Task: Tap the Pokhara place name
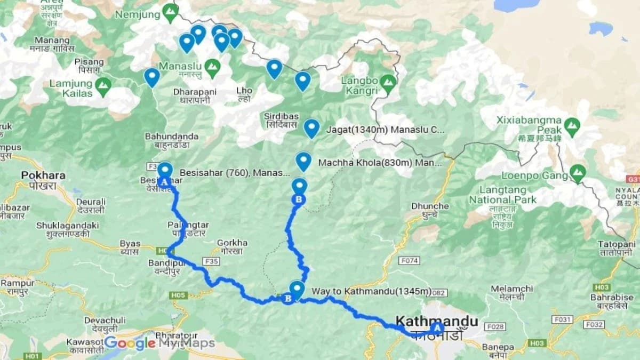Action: pos(43,175)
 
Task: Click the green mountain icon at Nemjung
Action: pos(170,11)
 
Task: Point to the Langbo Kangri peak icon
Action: pos(388,82)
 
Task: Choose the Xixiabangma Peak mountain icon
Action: pos(572,126)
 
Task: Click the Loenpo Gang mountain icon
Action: pos(577,172)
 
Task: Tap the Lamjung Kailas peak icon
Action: pos(102,85)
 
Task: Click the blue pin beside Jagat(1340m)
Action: pos(311,128)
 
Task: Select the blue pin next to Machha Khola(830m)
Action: pos(303,161)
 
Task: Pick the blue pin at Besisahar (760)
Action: pos(165,170)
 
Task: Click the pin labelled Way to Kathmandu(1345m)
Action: pos(297,289)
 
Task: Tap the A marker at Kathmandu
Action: pos(437,328)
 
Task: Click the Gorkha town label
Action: pos(233,243)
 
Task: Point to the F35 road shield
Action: pos(212,261)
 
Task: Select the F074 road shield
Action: pos(409,260)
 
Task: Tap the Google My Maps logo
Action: pos(159,343)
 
